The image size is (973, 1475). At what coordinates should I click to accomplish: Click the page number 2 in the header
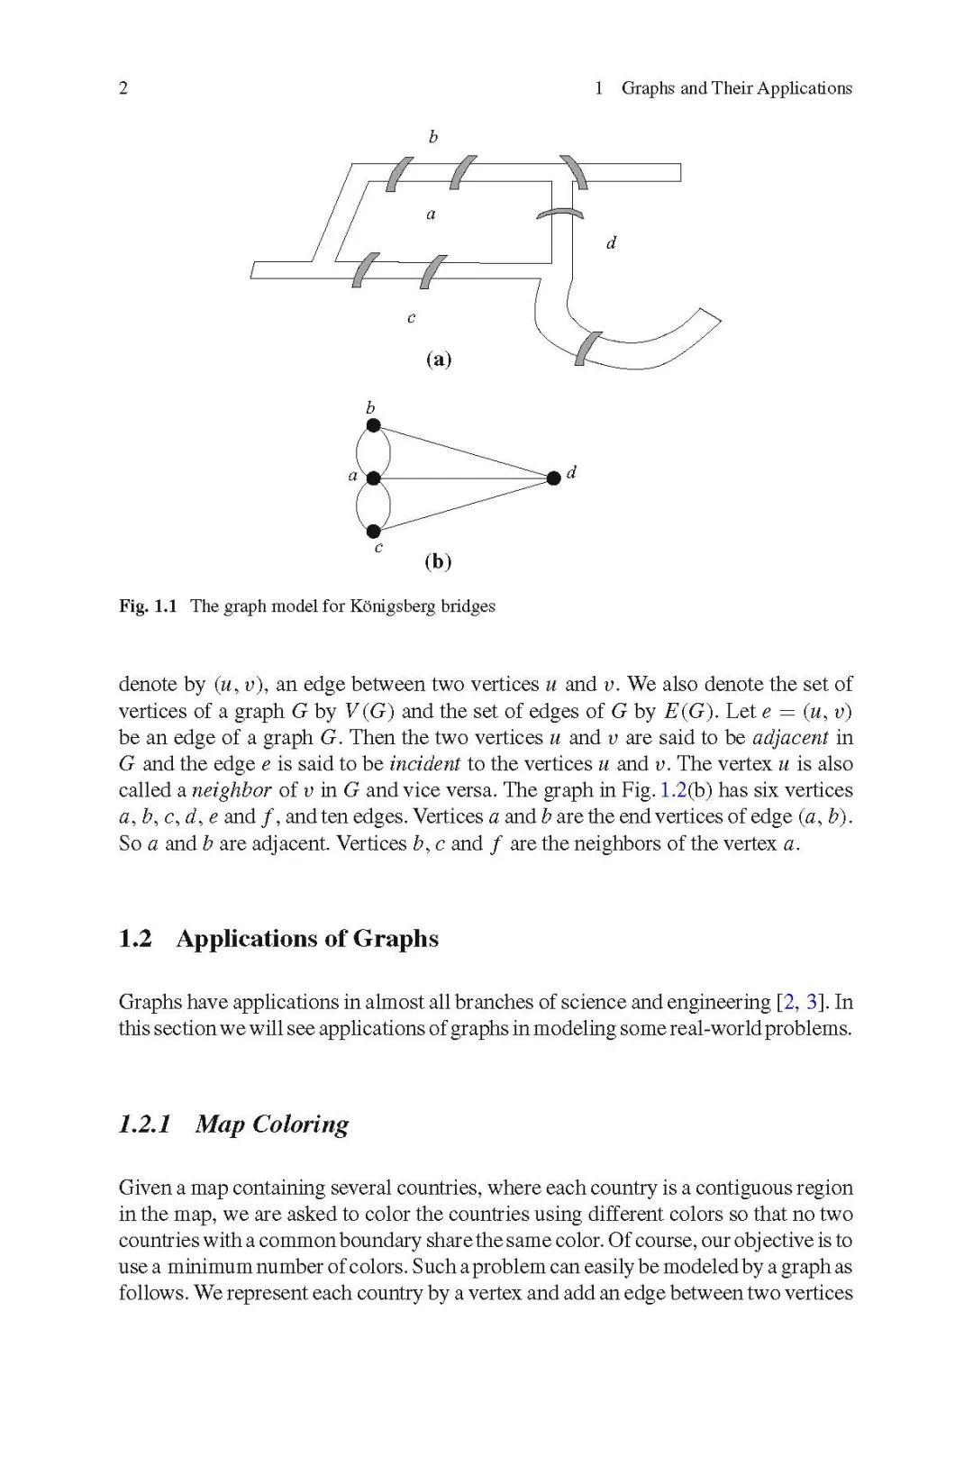[123, 88]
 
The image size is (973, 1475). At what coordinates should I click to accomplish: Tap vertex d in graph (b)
[553, 478]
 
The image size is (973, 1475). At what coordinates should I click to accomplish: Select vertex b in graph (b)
[373, 425]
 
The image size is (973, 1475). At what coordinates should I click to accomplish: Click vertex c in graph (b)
[373, 532]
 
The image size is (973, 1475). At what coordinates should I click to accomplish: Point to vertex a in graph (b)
[373, 478]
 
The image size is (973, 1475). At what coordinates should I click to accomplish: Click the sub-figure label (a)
[438, 360]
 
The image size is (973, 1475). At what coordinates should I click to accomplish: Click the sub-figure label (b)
[438, 562]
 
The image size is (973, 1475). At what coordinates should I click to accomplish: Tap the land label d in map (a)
[611, 243]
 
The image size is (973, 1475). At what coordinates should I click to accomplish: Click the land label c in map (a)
[411, 318]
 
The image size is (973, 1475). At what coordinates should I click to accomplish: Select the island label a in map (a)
[431, 214]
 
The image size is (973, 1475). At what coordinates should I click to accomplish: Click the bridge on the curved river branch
[588, 348]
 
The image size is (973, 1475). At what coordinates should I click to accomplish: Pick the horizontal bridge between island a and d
[559, 214]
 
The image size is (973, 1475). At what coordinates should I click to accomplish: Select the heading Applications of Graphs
[307, 939]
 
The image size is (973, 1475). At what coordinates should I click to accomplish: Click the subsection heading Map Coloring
[271, 1124]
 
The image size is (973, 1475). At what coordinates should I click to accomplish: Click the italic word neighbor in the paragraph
[232, 791]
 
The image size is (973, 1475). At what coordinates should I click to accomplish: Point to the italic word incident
[424, 764]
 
